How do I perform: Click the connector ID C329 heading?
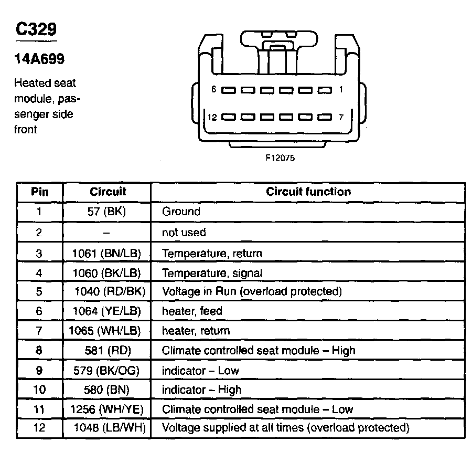tap(36, 30)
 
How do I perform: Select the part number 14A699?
tap(39, 59)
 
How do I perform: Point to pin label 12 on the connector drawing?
tap(212, 117)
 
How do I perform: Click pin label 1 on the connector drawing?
tap(340, 90)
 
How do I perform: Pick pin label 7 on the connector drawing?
tap(340, 117)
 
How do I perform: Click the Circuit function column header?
tap(308, 192)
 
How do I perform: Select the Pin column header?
tap(40, 192)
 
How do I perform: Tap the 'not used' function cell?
tap(184, 232)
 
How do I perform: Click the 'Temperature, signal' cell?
tap(212, 273)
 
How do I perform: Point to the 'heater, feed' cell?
tap(192, 311)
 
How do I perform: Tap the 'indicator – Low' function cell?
tap(200, 370)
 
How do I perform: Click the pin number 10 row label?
tap(40, 390)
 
